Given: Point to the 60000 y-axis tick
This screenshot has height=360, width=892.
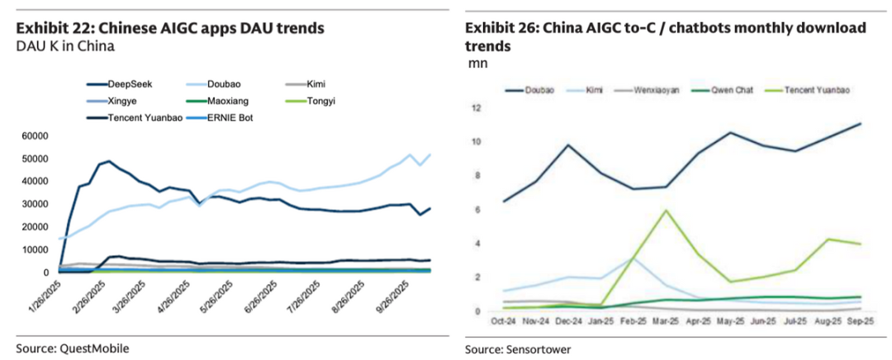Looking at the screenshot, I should (x=36, y=135).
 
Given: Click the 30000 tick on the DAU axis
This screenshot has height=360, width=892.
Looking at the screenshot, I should (x=36, y=204).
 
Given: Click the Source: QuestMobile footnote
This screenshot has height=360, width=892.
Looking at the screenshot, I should (x=73, y=348).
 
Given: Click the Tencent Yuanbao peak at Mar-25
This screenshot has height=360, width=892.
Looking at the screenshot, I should (x=666, y=210).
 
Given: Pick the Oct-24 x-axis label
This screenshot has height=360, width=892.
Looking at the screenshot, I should (x=504, y=321).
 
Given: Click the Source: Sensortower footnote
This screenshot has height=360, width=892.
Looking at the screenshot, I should (x=519, y=348).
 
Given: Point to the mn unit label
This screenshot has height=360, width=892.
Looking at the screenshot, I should (x=477, y=64).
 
